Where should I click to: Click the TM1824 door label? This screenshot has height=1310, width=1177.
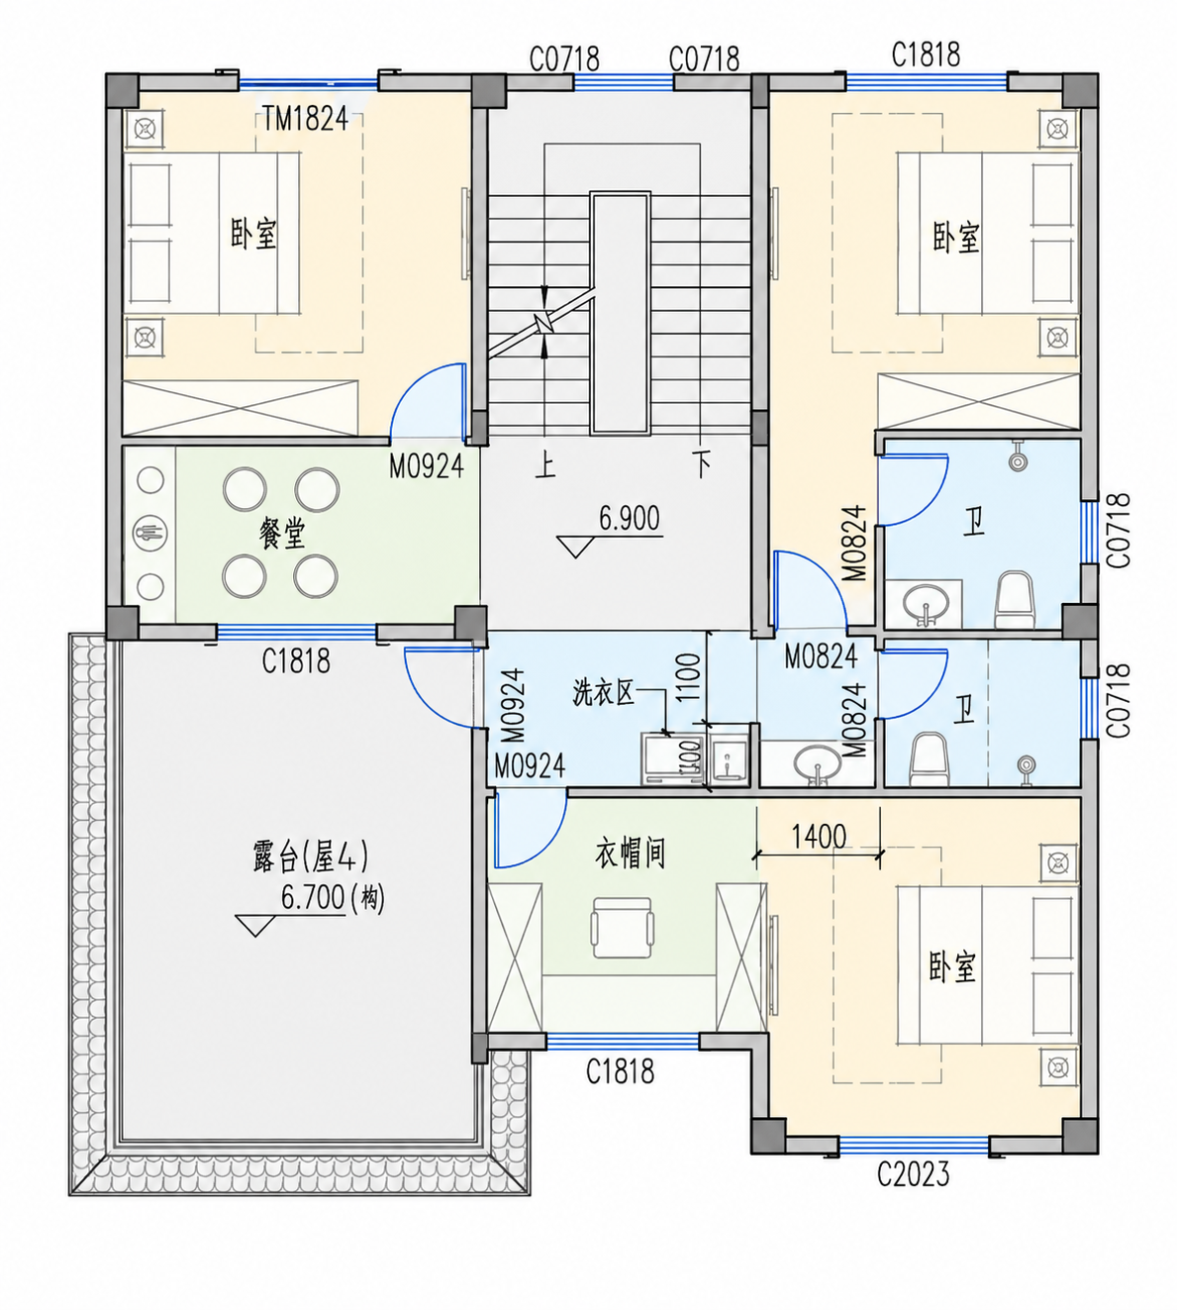coord(305,119)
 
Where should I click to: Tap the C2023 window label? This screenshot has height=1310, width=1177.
coord(913,1173)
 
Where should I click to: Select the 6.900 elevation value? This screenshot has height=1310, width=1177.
coord(630,519)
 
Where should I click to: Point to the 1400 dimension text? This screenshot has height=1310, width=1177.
coord(819,836)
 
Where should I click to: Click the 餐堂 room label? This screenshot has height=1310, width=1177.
coord(282,534)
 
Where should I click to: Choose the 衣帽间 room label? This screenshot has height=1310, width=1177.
coord(631,854)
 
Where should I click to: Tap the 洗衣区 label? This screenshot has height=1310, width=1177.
coord(604,693)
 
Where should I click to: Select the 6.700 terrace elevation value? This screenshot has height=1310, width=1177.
coord(312,898)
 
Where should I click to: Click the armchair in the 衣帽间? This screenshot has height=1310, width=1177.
coord(622,928)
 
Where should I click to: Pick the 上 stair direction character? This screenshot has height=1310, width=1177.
coord(545,465)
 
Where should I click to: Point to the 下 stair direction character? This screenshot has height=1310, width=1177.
coord(702,464)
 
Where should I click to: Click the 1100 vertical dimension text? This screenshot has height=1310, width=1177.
coord(690,677)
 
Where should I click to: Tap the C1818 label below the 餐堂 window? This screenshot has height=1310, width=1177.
coord(296,661)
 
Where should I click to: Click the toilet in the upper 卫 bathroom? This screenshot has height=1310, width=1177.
coord(1015,600)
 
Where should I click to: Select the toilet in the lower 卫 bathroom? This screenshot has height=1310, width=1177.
coord(929,758)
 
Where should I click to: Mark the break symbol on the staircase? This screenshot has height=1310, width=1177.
coord(543,323)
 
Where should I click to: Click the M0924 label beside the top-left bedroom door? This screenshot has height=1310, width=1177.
coord(427,466)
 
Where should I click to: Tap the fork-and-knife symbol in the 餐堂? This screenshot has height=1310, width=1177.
coord(150,534)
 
